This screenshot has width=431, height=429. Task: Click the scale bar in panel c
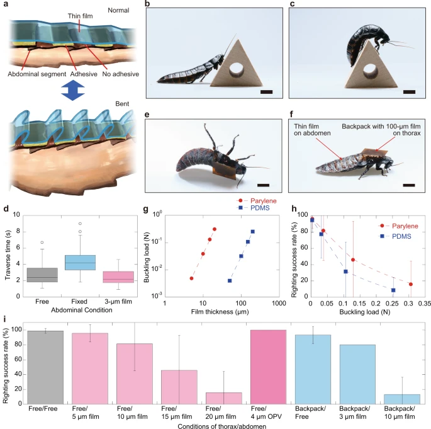[410, 92]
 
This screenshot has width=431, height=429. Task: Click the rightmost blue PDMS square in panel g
[253, 231]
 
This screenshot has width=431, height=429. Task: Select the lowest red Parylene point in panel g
[192, 278]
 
